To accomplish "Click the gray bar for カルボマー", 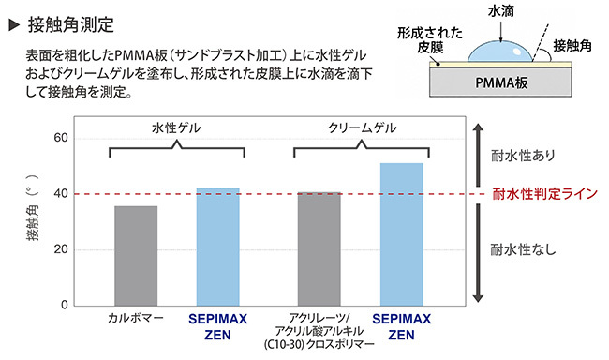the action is point(136,256).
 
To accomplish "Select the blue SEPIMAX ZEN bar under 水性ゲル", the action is point(218,247).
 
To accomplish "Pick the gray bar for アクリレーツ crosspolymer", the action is point(319,249).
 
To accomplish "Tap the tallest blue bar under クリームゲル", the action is point(402,234).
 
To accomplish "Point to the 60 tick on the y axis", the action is point(61,138).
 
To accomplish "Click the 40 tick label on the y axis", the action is point(61,194).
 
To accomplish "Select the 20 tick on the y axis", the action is point(61,249).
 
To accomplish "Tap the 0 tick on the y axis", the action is point(65,306).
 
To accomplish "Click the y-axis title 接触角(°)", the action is point(33,207).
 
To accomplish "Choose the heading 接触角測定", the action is point(70,25).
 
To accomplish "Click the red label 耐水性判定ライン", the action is point(544,194).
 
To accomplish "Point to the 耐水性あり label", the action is point(523,156).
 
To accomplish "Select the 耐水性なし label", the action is point(523,249).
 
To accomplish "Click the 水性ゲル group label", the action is point(176,127).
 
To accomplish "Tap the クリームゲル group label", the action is point(362,127).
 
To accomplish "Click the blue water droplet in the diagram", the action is point(500,52).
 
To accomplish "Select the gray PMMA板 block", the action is point(500,82).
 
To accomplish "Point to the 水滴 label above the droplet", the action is point(500,11).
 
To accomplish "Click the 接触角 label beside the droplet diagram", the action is point(572,46).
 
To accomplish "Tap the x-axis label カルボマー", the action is point(136,318).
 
